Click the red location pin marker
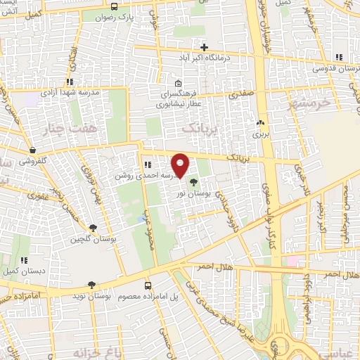181,165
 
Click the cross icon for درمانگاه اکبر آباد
203,47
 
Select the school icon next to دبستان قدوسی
339,57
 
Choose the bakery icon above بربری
261,121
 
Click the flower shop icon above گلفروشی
32,150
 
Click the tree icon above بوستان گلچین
92,228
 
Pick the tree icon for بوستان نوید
92,285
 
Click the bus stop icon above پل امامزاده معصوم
148,285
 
